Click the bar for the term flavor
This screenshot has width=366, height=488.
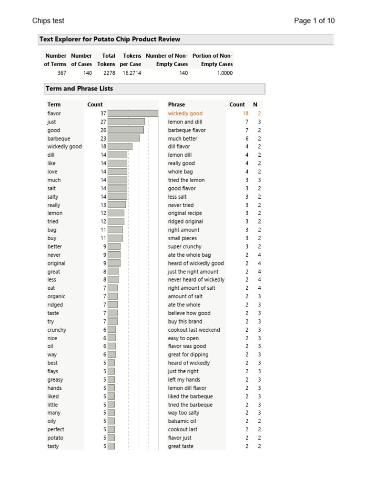(133, 113)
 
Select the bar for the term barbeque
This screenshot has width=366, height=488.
(124, 139)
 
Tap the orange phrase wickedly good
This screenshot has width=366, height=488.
(185, 113)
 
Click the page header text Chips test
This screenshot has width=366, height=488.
(48, 20)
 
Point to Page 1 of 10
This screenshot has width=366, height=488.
(314, 20)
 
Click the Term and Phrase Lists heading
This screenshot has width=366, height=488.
(79, 89)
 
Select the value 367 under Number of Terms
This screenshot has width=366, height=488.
(61, 73)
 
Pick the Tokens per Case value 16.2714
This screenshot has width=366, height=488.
(131, 73)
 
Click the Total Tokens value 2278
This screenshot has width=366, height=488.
(109, 73)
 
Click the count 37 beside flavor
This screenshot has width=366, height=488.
(103, 113)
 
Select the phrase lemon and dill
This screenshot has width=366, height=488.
(185, 122)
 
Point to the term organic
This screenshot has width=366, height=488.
(56, 296)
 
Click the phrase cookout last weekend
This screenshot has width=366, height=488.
(194, 330)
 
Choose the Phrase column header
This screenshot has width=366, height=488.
(176, 104)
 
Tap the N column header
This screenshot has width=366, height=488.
(255, 104)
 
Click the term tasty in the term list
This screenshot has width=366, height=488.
(53, 446)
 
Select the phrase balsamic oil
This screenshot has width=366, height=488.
(182, 421)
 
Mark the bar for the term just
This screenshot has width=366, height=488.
(126, 122)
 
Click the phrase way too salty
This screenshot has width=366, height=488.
(183, 413)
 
